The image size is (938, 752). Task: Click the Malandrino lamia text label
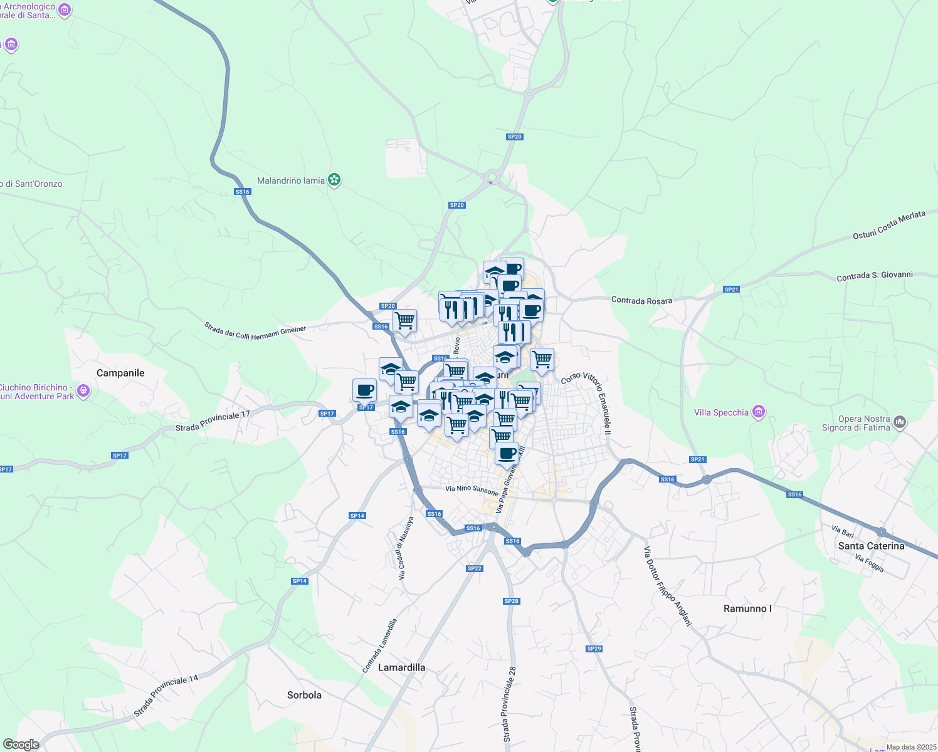tap(291, 180)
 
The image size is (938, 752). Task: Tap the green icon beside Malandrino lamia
tap(335, 180)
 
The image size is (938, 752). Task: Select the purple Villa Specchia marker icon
tap(759, 412)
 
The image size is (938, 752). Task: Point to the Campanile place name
tap(120, 373)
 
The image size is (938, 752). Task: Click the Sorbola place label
tap(304, 695)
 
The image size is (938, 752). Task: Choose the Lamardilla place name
tap(401, 667)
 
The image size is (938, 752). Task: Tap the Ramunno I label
tap(747, 608)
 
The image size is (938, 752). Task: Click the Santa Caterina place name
tap(871, 546)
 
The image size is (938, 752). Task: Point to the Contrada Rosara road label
tap(641, 301)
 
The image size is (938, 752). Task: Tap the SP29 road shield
tap(594, 649)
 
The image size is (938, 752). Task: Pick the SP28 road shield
tap(511, 601)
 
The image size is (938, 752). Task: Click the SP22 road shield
tap(474, 568)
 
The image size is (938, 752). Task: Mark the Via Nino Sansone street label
tap(472, 490)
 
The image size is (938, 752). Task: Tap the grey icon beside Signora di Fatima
tap(900, 422)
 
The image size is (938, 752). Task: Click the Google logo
tap(21, 744)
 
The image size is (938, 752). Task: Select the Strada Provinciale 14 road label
tap(166, 696)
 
